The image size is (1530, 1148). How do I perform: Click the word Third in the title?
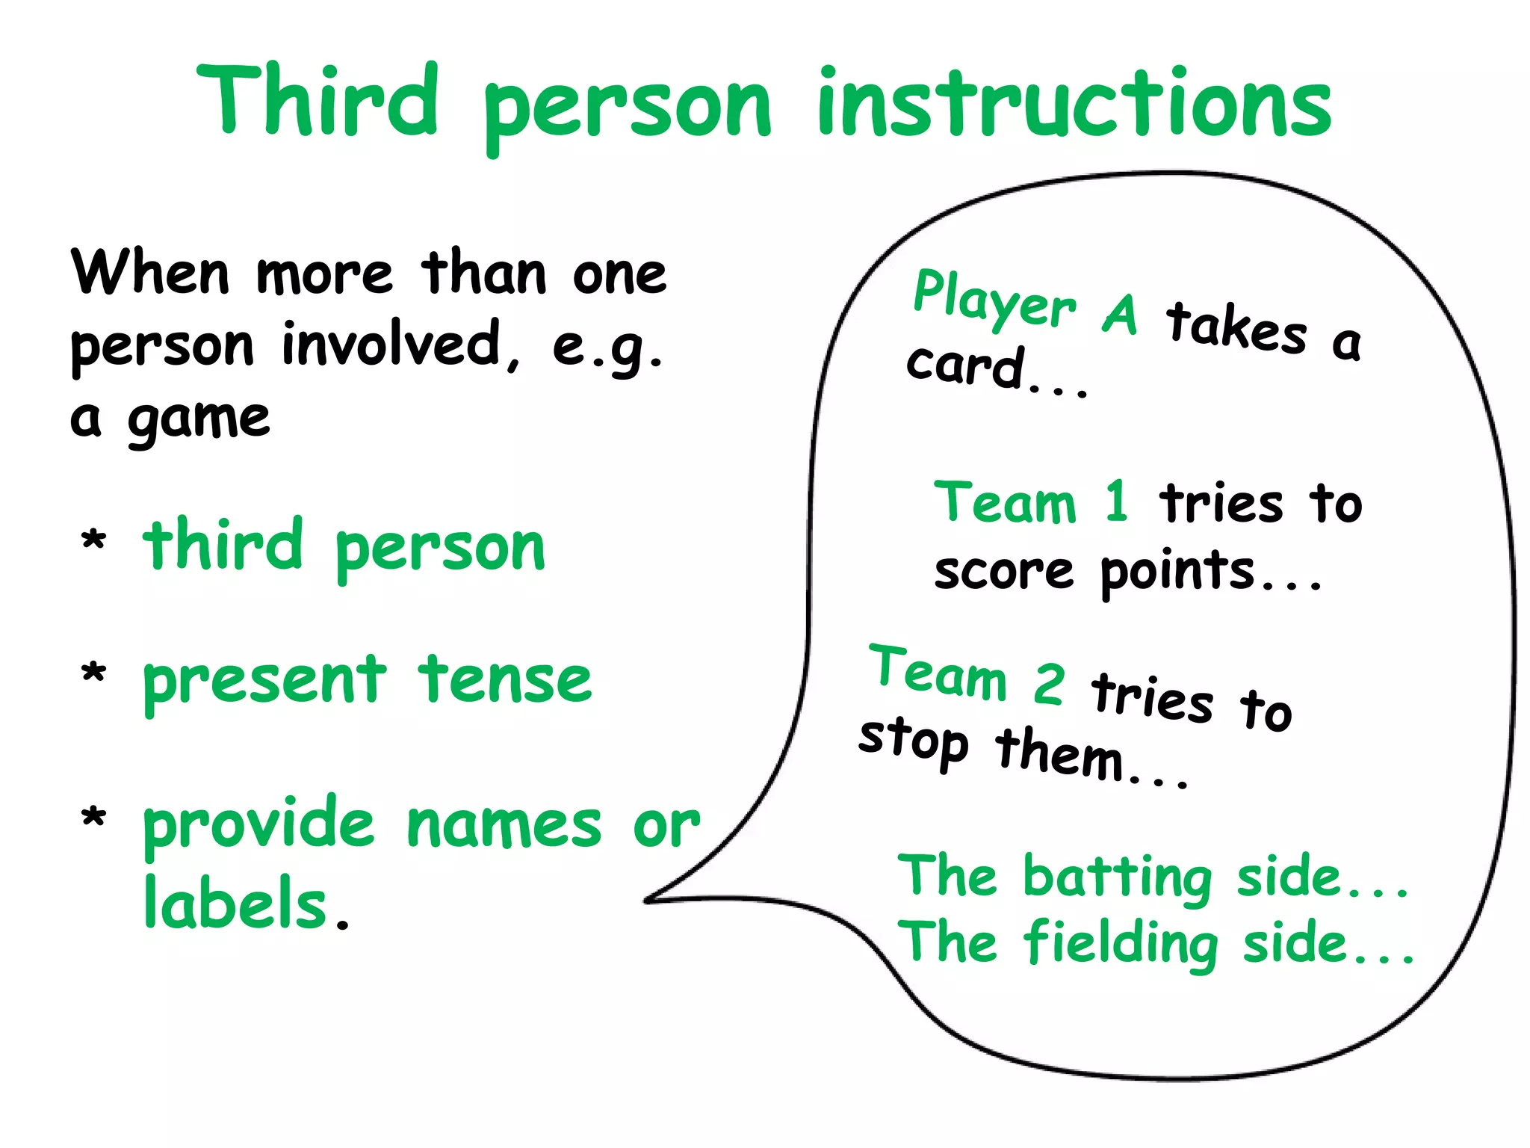click(318, 101)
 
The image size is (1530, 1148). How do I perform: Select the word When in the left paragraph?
click(150, 273)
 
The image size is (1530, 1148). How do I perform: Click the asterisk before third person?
click(93, 540)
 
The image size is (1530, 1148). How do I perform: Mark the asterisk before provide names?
click(93, 818)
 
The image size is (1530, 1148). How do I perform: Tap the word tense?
click(505, 679)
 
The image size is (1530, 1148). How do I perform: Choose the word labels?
click(236, 904)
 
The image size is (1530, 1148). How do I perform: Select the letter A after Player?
click(1120, 314)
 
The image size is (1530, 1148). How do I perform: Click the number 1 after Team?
click(1116, 502)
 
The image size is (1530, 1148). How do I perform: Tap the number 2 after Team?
click(1049, 684)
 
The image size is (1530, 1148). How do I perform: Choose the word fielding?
click(1121, 943)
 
